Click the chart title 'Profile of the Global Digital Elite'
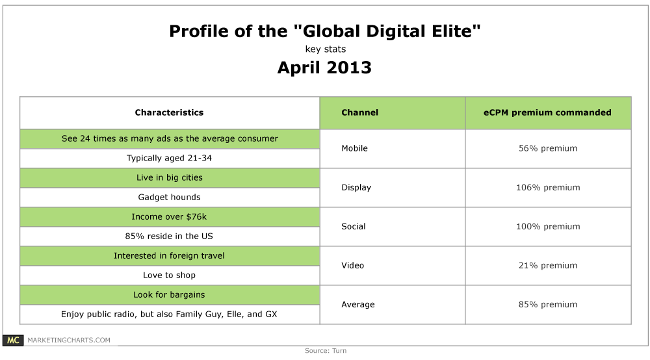(x=324, y=31)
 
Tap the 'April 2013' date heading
(x=324, y=68)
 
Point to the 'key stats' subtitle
(x=326, y=49)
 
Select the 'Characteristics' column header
(x=169, y=112)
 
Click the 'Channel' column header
(x=360, y=112)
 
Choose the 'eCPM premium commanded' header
(x=547, y=112)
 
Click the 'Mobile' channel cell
(x=354, y=148)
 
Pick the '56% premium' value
(x=548, y=148)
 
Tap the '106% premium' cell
(x=548, y=188)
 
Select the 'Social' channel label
(x=353, y=227)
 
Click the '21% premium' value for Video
(x=548, y=266)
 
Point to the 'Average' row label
(x=357, y=305)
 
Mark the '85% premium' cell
(x=548, y=305)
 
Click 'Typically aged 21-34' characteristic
(x=169, y=159)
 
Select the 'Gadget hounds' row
(x=169, y=197)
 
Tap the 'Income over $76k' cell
(x=169, y=216)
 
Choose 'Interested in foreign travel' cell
(x=169, y=255)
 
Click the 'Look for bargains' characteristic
(x=169, y=294)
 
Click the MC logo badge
(x=13, y=340)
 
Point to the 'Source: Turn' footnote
(x=326, y=351)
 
